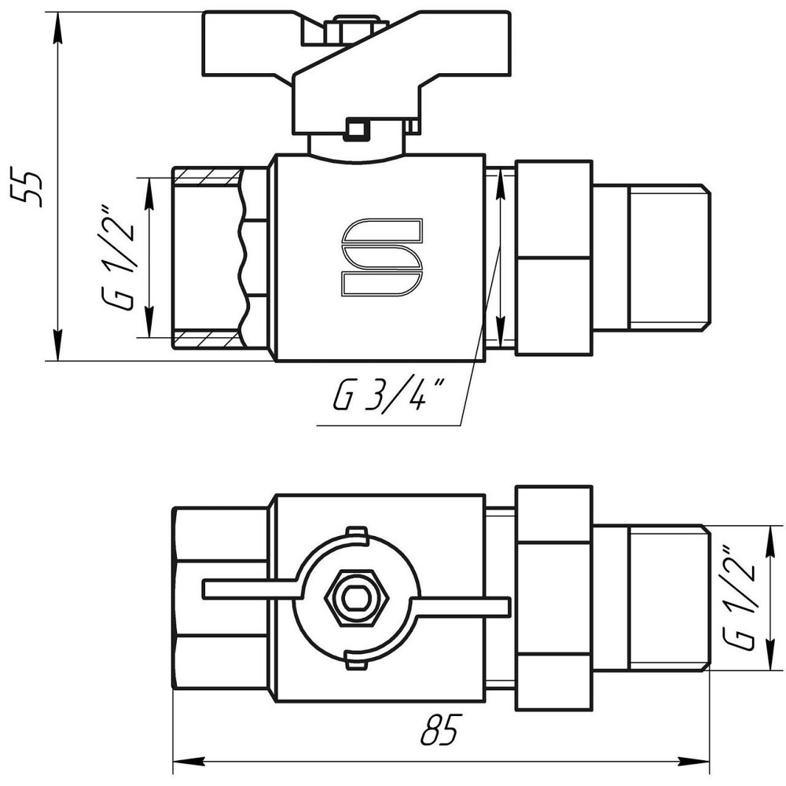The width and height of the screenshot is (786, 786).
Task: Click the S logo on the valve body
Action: pyautogui.click(x=382, y=257)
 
